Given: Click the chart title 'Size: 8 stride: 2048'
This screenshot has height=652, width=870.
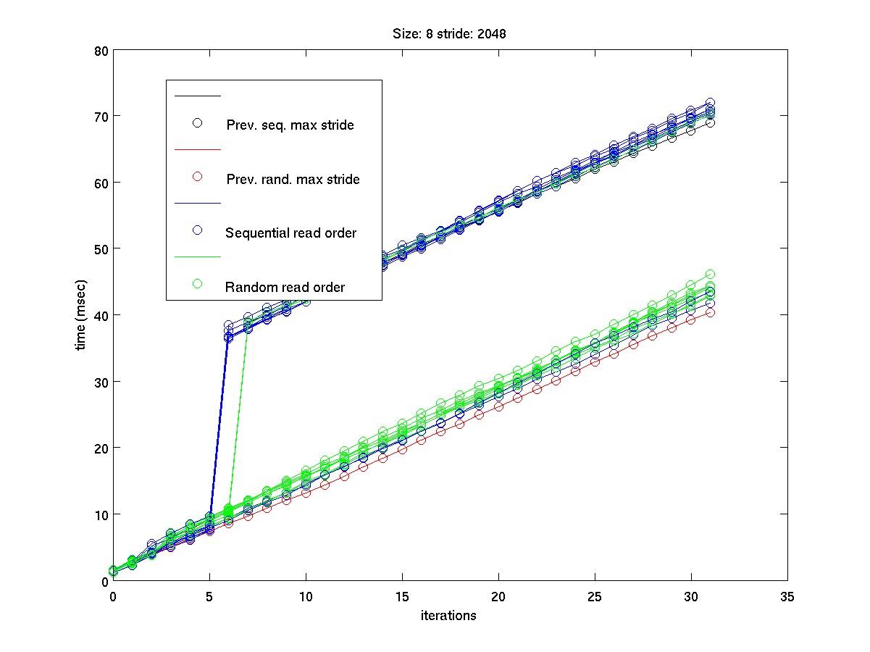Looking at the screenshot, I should tap(450, 33).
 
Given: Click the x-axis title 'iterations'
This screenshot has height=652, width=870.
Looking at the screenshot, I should tap(449, 616).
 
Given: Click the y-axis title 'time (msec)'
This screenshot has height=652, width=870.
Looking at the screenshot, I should tap(82, 315).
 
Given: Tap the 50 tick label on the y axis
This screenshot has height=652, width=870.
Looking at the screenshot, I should tap(101, 249).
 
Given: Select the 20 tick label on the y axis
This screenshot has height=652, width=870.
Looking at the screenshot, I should tap(101, 448).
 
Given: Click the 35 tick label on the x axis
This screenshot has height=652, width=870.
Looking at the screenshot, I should tap(787, 596).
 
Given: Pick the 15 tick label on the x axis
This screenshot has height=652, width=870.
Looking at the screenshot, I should tap(402, 596).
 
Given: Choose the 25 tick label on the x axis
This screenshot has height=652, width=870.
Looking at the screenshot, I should tap(595, 596).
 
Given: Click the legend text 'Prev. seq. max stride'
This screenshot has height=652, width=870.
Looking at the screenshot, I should tap(290, 125).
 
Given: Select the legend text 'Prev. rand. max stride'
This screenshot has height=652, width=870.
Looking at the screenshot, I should tap(293, 179).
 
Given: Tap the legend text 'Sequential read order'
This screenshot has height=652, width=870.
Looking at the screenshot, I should tap(291, 233).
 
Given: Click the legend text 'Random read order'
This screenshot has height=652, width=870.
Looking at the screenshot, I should tap(285, 288).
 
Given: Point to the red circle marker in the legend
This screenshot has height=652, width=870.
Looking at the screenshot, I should tap(196, 177).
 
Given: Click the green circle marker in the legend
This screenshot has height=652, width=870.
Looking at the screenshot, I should tap(196, 283).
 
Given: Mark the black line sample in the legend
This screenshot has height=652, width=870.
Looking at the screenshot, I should tap(196, 96).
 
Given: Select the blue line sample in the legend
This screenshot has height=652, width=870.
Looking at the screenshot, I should tap(196, 203).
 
